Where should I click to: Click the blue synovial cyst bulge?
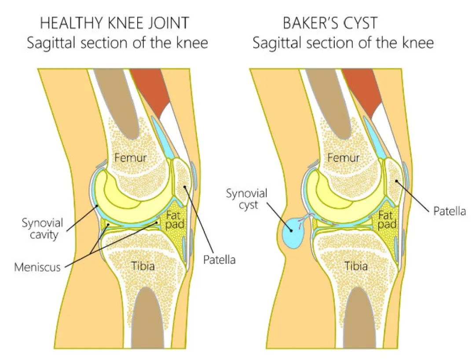[x=291, y=231]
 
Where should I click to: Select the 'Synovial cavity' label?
[x=43, y=229]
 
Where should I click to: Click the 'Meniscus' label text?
[x=37, y=266]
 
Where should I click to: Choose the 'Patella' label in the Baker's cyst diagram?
[x=449, y=211]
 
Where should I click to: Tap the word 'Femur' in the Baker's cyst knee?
[x=343, y=157]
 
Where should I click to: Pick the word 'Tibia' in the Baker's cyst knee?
[x=356, y=265]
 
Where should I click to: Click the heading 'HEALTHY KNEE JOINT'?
[x=114, y=22]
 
